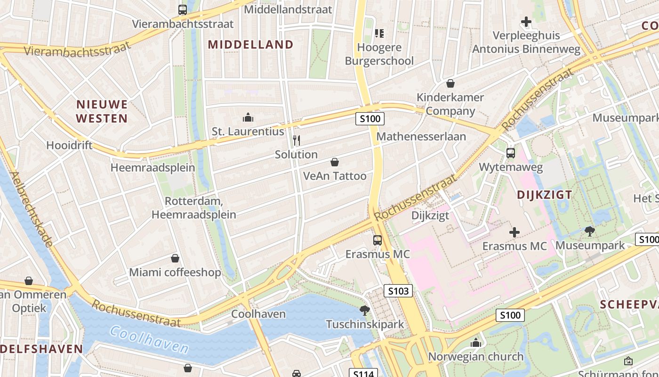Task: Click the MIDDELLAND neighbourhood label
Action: point(250,45)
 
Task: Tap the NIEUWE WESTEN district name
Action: point(102,111)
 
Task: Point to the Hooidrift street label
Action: point(69,146)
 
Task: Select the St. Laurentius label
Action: point(248,131)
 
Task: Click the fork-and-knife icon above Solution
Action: point(297,140)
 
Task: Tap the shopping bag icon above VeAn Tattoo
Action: point(335,163)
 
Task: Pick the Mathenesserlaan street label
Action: point(422,137)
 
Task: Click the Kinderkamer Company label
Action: point(450,104)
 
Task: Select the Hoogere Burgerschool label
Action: point(379,54)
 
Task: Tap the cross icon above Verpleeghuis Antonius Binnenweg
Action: point(526,22)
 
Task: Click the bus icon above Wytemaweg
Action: point(511,153)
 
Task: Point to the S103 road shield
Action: point(398,291)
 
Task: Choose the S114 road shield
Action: point(363,374)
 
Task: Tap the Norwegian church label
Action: point(475,357)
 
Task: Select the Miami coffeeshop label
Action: point(175,272)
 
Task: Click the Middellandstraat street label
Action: point(288,9)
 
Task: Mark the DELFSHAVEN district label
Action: point(41,349)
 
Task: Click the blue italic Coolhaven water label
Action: point(149,340)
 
